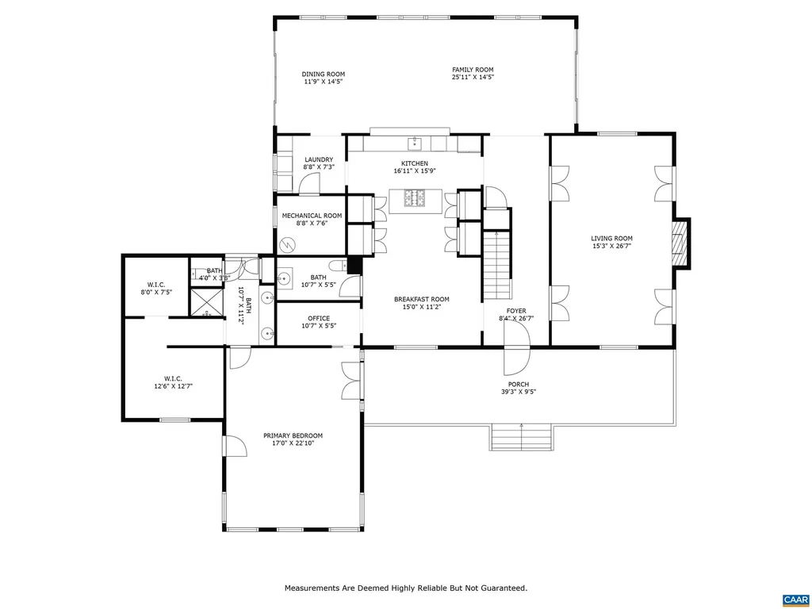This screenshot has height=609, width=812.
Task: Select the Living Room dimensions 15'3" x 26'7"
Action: pyautogui.click(x=611, y=246)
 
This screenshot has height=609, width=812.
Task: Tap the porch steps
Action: pyautogui.click(x=521, y=437)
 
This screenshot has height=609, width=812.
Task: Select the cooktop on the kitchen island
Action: pyautogui.click(x=414, y=198)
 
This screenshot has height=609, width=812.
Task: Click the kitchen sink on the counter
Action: pyautogui.click(x=414, y=143)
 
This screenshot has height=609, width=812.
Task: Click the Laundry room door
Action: pyautogui.click(x=309, y=184)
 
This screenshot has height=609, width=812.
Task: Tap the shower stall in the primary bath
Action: pyautogui.click(x=208, y=303)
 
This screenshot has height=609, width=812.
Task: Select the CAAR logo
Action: pyautogui.click(x=794, y=599)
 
